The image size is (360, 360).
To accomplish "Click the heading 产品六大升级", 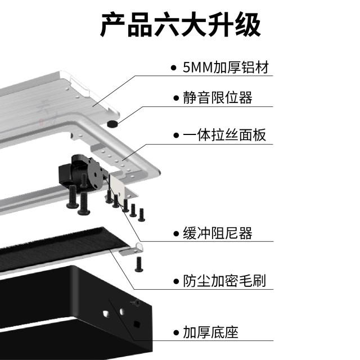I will coord(180,26).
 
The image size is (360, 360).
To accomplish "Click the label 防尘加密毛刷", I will coord(224,280).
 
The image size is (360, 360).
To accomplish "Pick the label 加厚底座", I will coord(211,332).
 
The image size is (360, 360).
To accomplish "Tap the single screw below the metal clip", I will coord(139,263).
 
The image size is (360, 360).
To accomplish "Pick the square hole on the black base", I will coord(137,323).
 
